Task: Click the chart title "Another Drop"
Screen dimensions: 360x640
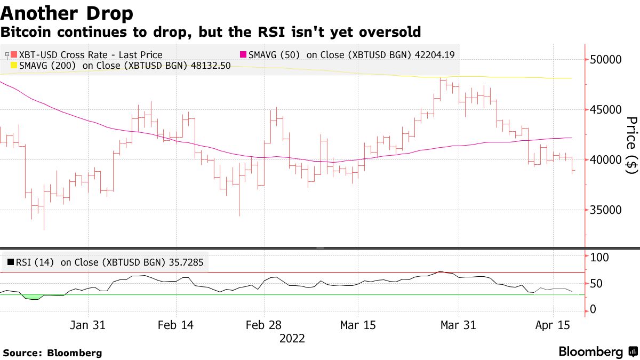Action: coord(67,12)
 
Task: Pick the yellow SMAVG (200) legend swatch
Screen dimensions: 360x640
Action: coord(14,66)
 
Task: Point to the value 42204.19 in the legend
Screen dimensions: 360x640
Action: coord(435,55)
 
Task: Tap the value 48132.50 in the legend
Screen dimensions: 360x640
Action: coord(210,66)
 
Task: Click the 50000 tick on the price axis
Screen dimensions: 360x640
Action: coord(606,59)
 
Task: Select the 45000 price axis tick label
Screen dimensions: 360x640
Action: coord(606,109)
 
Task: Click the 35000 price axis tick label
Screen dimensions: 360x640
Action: coord(606,210)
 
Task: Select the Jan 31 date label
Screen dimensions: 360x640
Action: coord(88,325)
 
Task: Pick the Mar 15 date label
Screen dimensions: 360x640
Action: coord(358,325)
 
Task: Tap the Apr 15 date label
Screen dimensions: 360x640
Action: coord(553,325)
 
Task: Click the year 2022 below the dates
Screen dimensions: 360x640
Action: coord(292,338)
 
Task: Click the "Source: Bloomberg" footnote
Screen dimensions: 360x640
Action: coord(52,353)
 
